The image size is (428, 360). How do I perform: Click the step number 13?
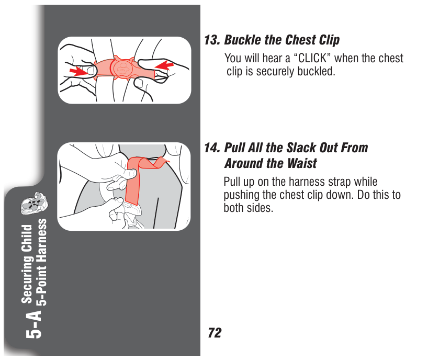coord(212,40)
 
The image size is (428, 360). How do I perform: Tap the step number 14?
coord(212,148)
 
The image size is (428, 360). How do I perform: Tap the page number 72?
coord(215,333)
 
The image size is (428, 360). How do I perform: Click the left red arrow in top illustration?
coord(78,71)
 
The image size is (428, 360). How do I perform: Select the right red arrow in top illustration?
coord(164,66)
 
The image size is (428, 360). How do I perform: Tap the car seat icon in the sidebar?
coord(34,203)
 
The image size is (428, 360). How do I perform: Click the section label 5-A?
coord(34,324)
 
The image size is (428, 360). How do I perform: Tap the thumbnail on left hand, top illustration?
coord(91,71)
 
